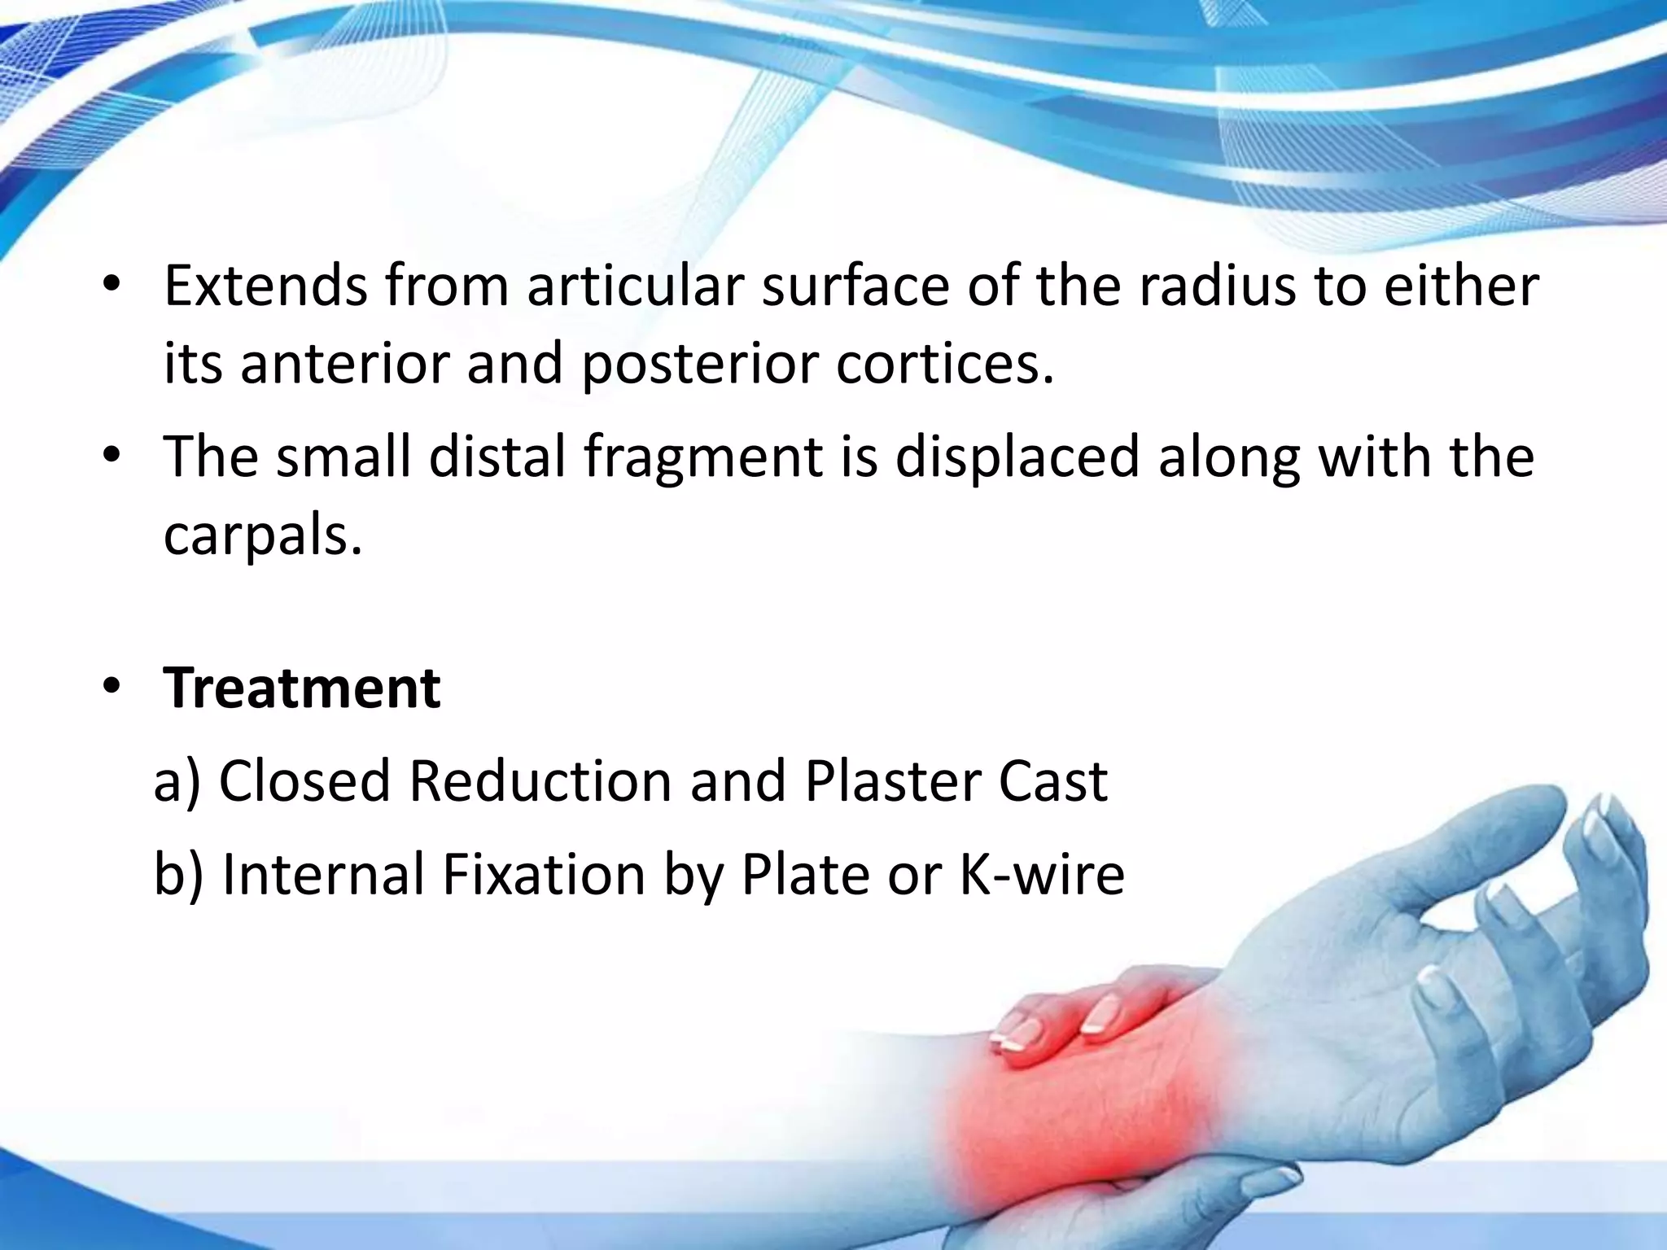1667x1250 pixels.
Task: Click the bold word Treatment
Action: [301, 688]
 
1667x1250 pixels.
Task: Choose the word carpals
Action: [262, 535]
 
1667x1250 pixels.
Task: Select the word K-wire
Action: [1042, 875]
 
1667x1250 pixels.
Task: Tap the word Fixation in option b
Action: [544, 875]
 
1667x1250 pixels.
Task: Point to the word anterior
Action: [345, 363]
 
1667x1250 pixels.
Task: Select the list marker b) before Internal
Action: [178, 876]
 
